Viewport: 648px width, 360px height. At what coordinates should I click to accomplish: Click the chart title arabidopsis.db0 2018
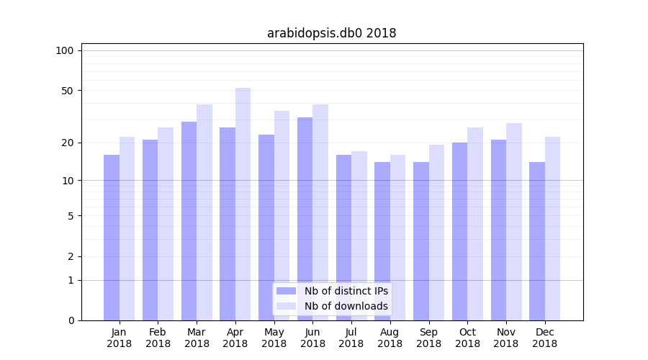coord(331,33)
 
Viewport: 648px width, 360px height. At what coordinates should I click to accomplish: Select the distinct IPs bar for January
coord(112,238)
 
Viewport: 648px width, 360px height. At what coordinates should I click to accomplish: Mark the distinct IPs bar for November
coord(498,230)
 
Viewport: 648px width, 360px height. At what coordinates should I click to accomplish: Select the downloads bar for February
coord(166,224)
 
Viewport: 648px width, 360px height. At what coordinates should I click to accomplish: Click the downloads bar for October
coord(475,224)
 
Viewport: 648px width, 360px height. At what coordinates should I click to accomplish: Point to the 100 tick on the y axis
coord(65,50)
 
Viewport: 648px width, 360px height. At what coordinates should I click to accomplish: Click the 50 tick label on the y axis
coord(68,91)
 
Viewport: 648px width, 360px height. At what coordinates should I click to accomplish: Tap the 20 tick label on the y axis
coord(68,143)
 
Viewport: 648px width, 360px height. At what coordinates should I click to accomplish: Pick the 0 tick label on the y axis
coord(71,320)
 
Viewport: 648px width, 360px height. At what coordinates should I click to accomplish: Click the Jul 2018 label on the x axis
coord(351,338)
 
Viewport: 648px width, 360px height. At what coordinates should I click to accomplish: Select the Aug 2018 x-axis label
coord(390,338)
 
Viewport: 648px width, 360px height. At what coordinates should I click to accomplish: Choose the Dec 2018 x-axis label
coord(544,338)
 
